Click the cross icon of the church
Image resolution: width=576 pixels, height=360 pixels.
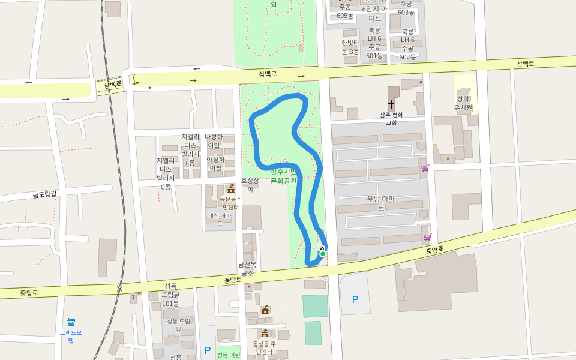click(x=391, y=104)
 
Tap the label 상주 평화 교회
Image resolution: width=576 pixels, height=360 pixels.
click(x=391, y=118)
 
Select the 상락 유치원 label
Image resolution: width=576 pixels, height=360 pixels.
click(x=464, y=103)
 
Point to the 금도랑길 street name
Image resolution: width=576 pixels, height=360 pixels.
click(x=44, y=194)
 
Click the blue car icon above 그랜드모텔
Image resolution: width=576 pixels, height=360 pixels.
click(x=71, y=322)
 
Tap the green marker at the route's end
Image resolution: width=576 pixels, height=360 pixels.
click(x=323, y=254)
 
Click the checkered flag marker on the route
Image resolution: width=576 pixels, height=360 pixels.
click(x=322, y=248)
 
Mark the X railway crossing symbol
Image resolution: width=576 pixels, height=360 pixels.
click(x=119, y=289)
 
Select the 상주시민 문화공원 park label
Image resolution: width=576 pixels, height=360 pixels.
click(x=283, y=176)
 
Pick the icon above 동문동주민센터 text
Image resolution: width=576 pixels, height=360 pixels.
click(x=231, y=189)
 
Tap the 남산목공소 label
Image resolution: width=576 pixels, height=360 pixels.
click(x=247, y=268)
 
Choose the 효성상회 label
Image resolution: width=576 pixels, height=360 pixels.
click(x=250, y=184)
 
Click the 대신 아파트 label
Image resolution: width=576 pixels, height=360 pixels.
click(x=220, y=220)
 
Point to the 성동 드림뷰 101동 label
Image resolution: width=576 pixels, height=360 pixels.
click(x=170, y=295)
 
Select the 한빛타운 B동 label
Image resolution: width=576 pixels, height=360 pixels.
click(x=350, y=47)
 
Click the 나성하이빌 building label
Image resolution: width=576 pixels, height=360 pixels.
click(x=214, y=141)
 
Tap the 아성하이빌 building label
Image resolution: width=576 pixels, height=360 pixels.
click(x=215, y=163)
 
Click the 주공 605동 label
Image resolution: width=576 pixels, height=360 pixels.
click(x=345, y=11)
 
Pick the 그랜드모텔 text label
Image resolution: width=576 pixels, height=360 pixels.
click(x=71, y=336)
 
